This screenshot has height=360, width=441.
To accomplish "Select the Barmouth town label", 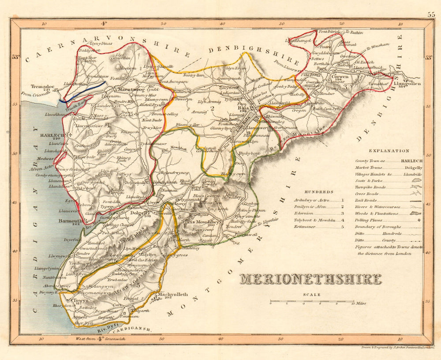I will pos(70,220).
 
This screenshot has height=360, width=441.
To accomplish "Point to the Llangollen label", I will pos(407,83).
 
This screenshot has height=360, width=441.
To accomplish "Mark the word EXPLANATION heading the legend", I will pos(389,151).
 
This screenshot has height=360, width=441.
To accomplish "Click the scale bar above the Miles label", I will pos(312,302).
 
